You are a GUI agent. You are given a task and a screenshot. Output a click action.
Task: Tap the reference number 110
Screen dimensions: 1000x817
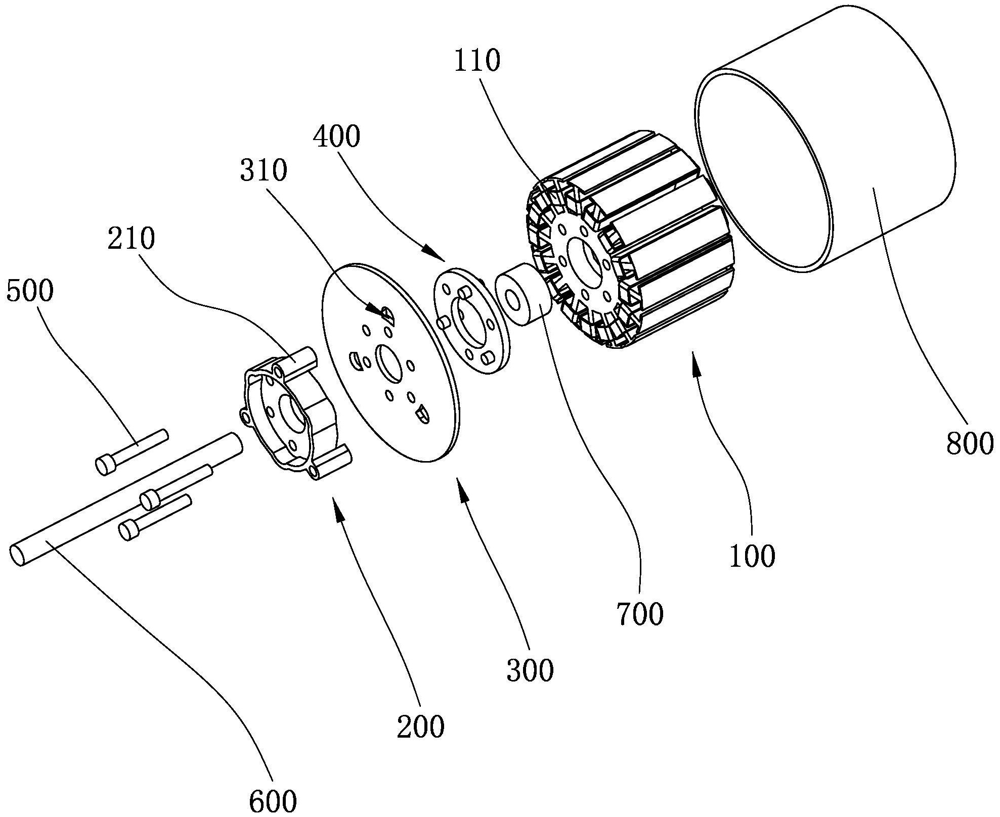[x=477, y=61]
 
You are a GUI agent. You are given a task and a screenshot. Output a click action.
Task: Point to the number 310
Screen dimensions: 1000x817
[x=264, y=170]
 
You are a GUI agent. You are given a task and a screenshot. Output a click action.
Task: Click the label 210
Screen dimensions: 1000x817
[x=131, y=239]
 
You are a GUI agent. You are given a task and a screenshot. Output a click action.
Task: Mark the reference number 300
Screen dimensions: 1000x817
[x=530, y=671]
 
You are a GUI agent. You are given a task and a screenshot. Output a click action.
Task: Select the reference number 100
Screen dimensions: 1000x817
[x=752, y=557]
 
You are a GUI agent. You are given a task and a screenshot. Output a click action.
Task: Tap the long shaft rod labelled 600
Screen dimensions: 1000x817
[x=126, y=500]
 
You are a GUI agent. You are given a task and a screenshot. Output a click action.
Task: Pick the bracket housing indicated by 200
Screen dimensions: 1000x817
[x=293, y=415]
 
